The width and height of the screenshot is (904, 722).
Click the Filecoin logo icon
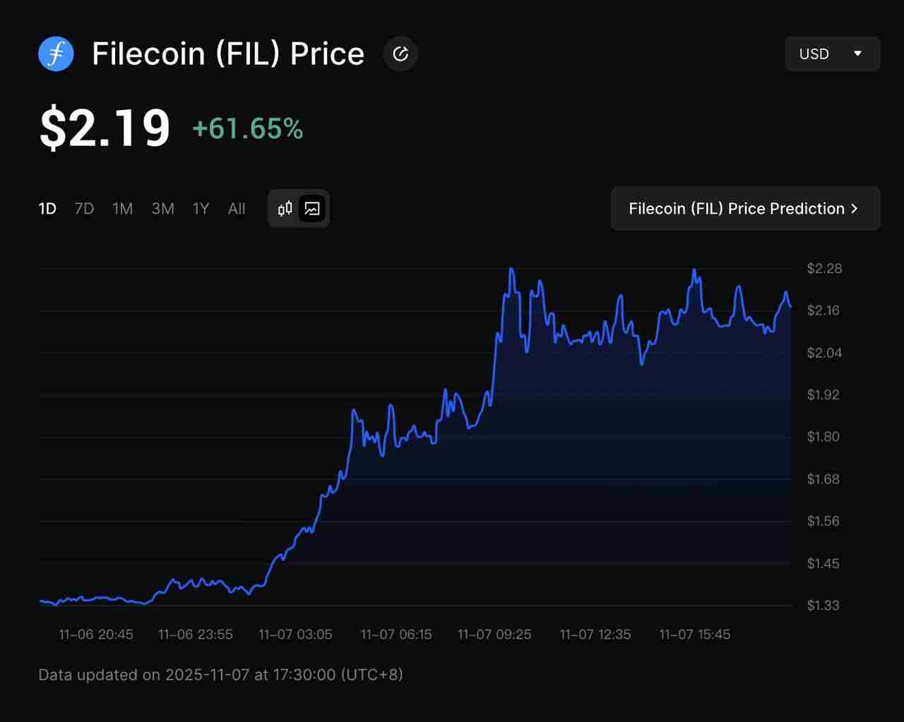click(x=56, y=54)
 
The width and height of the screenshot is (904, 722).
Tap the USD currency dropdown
click(x=832, y=54)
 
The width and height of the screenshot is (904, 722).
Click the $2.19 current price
click(x=105, y=128)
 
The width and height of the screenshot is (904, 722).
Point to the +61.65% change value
click(x=247, y=128)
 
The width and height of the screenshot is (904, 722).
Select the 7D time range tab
click(x=84, y=209)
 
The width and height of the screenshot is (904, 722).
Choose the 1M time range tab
click(x=122, y=209)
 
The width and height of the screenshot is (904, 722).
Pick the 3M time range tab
click(x=162, y=209)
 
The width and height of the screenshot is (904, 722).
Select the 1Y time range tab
click(x=201, y=209)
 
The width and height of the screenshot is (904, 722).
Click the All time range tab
click(x=237, y=209)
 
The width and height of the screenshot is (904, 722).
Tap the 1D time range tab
click(x=47, y=209)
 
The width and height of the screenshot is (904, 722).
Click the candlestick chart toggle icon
click(x=285, y=209)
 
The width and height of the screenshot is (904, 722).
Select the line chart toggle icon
click(x=312, y=209)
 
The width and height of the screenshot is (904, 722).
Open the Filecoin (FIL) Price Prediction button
click(x=745, y=209)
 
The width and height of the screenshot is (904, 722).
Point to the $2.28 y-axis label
click(x=824, y=268)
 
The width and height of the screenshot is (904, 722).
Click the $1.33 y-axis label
click(x=823, y=606)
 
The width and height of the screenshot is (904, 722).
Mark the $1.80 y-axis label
click(x=824, y=437)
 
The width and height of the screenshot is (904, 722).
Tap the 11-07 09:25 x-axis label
click(x=494, y=634)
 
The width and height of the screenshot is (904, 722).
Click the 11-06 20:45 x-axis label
click(x=96, y=634)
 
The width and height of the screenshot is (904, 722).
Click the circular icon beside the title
click(x=400, y=54)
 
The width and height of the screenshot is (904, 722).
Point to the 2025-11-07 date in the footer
click(x=207, y=675)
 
